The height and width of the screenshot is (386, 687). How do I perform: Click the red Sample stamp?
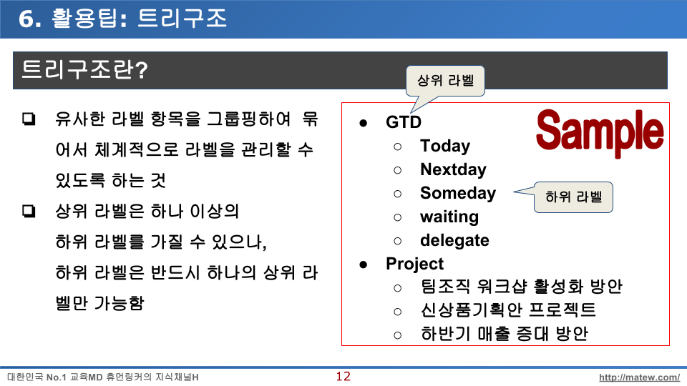point(600,132)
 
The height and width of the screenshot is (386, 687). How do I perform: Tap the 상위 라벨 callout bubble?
point(445,81)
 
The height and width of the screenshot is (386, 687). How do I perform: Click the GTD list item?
point(404,122)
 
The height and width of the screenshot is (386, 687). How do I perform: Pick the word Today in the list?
point(445,146)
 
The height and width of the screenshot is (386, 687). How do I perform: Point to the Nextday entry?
point(453,169)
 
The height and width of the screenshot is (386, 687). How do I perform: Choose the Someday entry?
point(458,193)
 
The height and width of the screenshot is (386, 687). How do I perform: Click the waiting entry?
point(449,217)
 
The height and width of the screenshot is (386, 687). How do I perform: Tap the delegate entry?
point(454,240)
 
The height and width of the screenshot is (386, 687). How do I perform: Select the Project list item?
point(414,264)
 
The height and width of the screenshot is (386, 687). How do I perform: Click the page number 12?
point(343,377)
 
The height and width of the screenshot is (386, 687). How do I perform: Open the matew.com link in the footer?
point(639,377)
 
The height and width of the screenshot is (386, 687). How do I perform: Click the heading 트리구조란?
point(84,69)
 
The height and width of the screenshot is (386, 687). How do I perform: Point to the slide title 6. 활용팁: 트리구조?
point(122,19)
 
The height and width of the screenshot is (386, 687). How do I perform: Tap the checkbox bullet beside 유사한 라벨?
point(29,119)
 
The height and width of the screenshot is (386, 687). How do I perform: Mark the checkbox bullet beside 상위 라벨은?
point(29,211)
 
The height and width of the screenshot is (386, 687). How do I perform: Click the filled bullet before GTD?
point(363,123)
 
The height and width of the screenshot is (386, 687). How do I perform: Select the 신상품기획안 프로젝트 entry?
point(508,310)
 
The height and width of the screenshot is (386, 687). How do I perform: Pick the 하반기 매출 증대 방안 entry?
point(504,334)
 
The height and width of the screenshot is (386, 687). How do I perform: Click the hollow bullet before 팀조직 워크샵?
point(397,288)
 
